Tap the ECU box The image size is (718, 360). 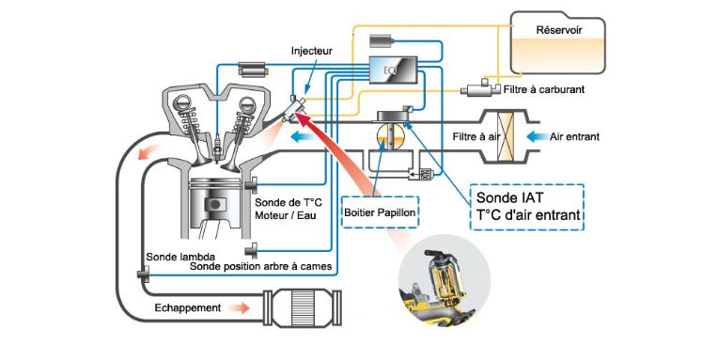point(393,70)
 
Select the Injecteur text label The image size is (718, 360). point(311,51)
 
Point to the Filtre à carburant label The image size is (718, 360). point(543,90)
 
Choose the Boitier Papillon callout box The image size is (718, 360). point(380,212)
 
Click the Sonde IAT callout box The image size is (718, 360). point(527,207)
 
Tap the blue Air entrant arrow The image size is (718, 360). point(538,136)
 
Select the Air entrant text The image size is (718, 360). point(574,136)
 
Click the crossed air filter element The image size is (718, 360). point(506,136)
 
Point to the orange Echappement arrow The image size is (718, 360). point(239,307)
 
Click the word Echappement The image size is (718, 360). point(188,307)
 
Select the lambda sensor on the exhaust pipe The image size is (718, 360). point(143,274)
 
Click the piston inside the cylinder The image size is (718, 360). point(215,200)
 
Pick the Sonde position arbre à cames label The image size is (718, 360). point(260,266)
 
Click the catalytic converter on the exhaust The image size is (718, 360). point(304,307)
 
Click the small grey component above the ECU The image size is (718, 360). point(382,40)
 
